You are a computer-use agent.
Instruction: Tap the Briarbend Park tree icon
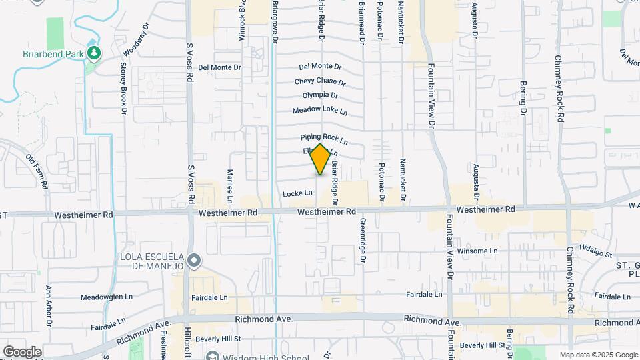coord(94,52)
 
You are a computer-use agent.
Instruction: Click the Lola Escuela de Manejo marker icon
coord(194,260)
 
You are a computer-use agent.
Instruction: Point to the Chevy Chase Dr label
coord(321,82)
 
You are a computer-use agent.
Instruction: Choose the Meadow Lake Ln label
coord(320,110)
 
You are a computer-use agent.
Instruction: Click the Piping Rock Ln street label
coord(324,139)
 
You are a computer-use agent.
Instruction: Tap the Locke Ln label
coord(297,193)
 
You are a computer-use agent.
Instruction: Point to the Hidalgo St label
coord(595,251)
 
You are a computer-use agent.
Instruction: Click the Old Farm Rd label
coord(38,171)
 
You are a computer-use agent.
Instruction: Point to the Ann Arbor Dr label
coord(49,307)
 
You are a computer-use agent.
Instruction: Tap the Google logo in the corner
coord(23,351)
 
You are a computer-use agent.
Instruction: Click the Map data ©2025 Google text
coord(598,355)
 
